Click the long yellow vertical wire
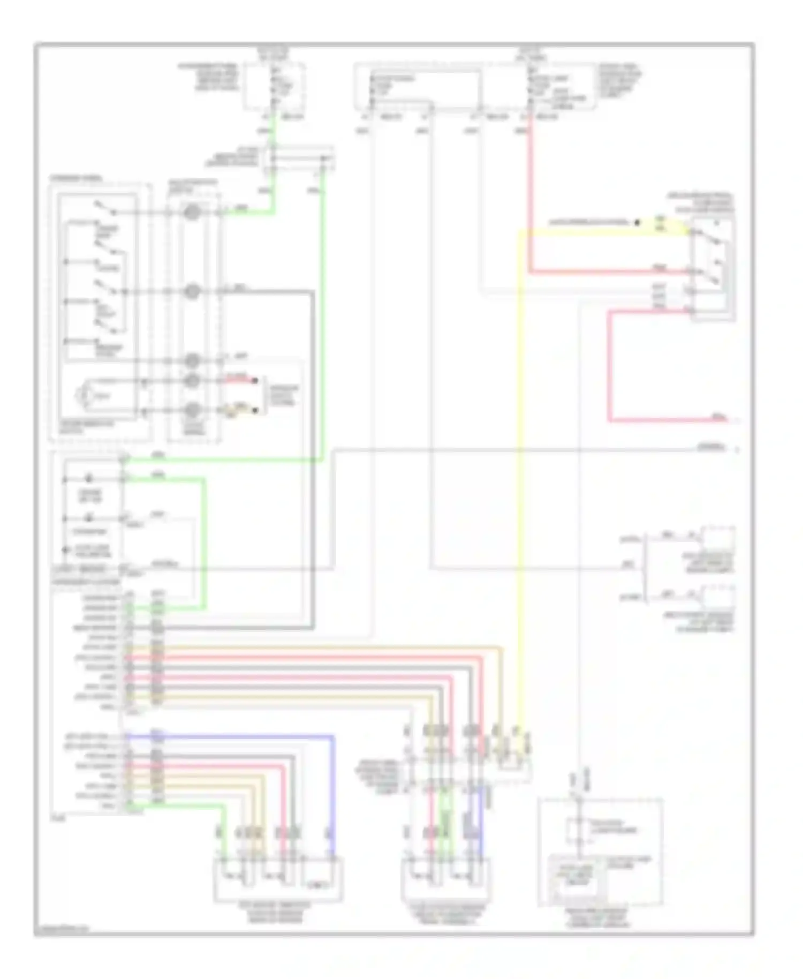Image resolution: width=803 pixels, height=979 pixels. (x=520, y=482)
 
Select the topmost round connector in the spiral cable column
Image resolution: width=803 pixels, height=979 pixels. (x=192, y=212)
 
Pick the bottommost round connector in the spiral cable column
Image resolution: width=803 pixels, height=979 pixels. (x=192, y=411)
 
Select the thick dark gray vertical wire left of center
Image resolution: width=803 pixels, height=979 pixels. (x=313, y=455)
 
